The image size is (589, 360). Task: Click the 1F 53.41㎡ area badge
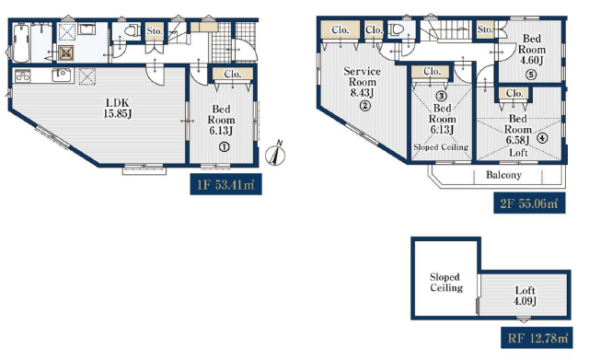(225, 184)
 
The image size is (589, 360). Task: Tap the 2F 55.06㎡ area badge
(529, 203)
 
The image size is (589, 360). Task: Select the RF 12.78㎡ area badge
(537, 338)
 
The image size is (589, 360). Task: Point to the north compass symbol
(276, 154)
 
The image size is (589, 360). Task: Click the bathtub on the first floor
(21, 43)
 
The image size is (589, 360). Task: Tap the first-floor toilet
(131, 30)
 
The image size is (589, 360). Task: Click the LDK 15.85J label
(118, 108)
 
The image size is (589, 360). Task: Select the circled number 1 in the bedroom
(225, 147)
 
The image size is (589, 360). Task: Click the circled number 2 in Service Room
(365, 106)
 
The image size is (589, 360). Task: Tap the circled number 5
(531, 75)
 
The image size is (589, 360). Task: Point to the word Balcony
(503, 175)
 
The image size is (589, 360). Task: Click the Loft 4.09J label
(525, 296)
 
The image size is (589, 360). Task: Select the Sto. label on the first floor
(155, 30)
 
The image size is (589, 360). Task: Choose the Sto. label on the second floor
(485, 29)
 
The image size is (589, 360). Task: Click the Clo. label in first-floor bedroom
(233, 74)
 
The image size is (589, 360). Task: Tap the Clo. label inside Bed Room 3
(432, 71)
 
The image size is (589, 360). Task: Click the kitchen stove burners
(22, 76)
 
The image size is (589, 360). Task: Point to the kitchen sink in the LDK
(62, 75)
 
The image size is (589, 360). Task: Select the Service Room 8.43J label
(362, 82)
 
